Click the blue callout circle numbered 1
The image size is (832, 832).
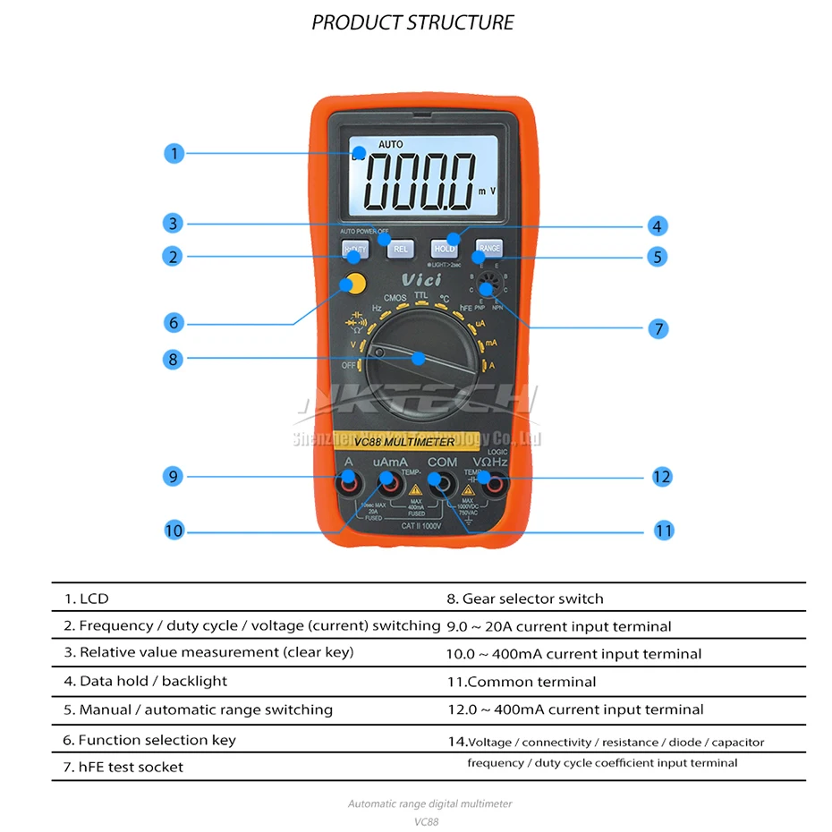point(174,153)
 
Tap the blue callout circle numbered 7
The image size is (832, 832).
point(658,328)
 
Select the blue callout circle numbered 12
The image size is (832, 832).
point(661,477)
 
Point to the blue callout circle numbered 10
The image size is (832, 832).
point(174,531)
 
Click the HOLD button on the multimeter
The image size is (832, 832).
point(445,249)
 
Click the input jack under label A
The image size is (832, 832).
point(348,484)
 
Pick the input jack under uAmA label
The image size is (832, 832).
point(389,484)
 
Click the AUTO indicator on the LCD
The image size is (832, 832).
point(390,144)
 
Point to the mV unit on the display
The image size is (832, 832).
point(486,191)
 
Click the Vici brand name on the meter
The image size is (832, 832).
point(420,280)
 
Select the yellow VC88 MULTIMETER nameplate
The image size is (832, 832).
point(404,441)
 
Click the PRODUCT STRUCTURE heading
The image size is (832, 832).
point(413,22)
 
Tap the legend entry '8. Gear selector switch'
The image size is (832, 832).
point(525,599)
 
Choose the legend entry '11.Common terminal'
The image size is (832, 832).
point(522,682)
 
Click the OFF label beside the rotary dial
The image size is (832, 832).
point(349,365)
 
